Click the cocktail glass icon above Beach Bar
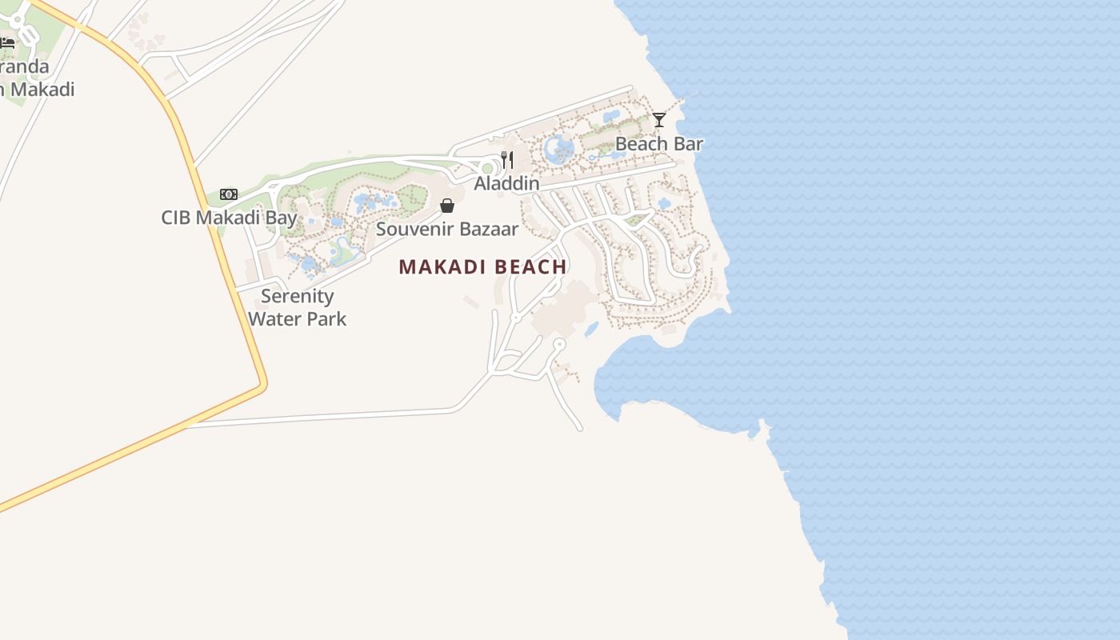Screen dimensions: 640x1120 [659, 120]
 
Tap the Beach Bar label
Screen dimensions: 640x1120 [658, 144]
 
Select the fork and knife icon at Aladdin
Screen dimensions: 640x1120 [507, 159]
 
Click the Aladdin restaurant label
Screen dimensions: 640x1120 [506, 183]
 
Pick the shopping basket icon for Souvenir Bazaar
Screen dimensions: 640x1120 [447, 206]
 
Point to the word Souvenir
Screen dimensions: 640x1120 [415, 229]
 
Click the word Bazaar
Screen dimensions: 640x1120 [489, 229]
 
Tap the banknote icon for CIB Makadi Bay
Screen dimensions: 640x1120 [229, 194]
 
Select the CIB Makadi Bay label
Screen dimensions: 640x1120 [229, 217]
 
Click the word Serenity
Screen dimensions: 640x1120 [297, 296]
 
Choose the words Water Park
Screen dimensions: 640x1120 [297, 318]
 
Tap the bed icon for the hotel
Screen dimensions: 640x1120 [7, 42]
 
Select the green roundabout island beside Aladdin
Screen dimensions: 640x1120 [486, 168]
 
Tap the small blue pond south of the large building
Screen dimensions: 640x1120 [591, 329]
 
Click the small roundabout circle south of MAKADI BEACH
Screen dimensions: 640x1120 [559, 344]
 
